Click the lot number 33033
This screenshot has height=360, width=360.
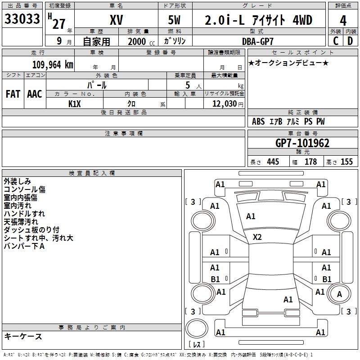23,19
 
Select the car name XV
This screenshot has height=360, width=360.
116,20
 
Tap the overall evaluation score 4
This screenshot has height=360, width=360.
343,21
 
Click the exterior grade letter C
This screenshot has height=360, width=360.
336,40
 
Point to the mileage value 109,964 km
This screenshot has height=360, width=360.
53,64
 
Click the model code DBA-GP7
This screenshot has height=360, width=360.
257,41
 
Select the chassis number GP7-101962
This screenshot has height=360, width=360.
302,143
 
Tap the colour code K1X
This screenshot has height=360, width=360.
75,103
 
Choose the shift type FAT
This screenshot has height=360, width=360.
13,94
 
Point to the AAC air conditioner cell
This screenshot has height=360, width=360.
35,94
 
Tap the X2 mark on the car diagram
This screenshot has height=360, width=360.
257,237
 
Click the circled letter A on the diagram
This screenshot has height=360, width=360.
339,294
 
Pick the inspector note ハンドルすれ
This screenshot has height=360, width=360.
24,214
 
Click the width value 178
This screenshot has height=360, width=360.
310,162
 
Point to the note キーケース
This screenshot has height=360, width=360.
23,336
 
